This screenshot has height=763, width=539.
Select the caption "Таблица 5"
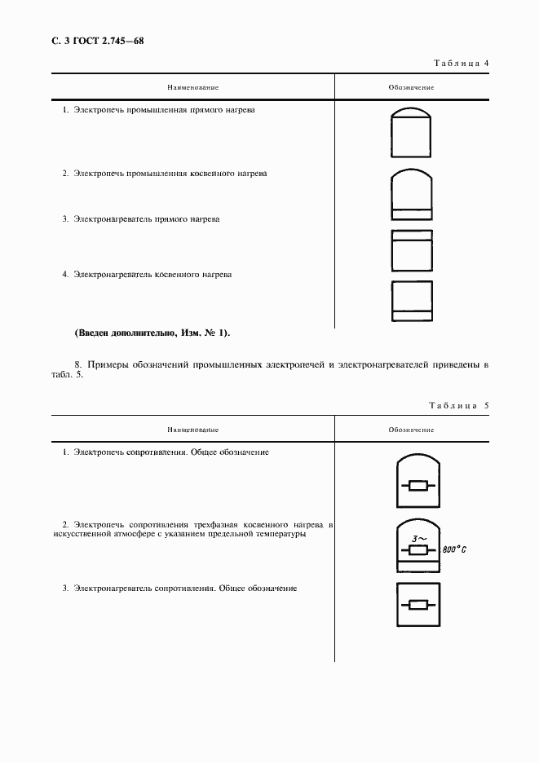457,405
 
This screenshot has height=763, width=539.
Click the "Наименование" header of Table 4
193,86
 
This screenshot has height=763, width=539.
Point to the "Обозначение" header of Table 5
411,430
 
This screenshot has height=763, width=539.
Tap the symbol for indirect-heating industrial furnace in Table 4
412,195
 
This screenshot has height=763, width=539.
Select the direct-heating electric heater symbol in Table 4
412,250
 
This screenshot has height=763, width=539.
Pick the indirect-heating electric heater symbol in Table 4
412,301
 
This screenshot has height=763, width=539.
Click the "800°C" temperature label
453,550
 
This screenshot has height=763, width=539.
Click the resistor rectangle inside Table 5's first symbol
417,487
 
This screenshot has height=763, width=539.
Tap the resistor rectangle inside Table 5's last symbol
417,605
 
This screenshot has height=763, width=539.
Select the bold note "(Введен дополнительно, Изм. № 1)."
152,333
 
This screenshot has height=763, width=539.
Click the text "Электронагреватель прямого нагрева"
146,218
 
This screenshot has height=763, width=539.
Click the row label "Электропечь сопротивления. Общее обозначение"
171,452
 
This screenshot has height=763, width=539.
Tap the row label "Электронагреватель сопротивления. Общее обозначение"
185,587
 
